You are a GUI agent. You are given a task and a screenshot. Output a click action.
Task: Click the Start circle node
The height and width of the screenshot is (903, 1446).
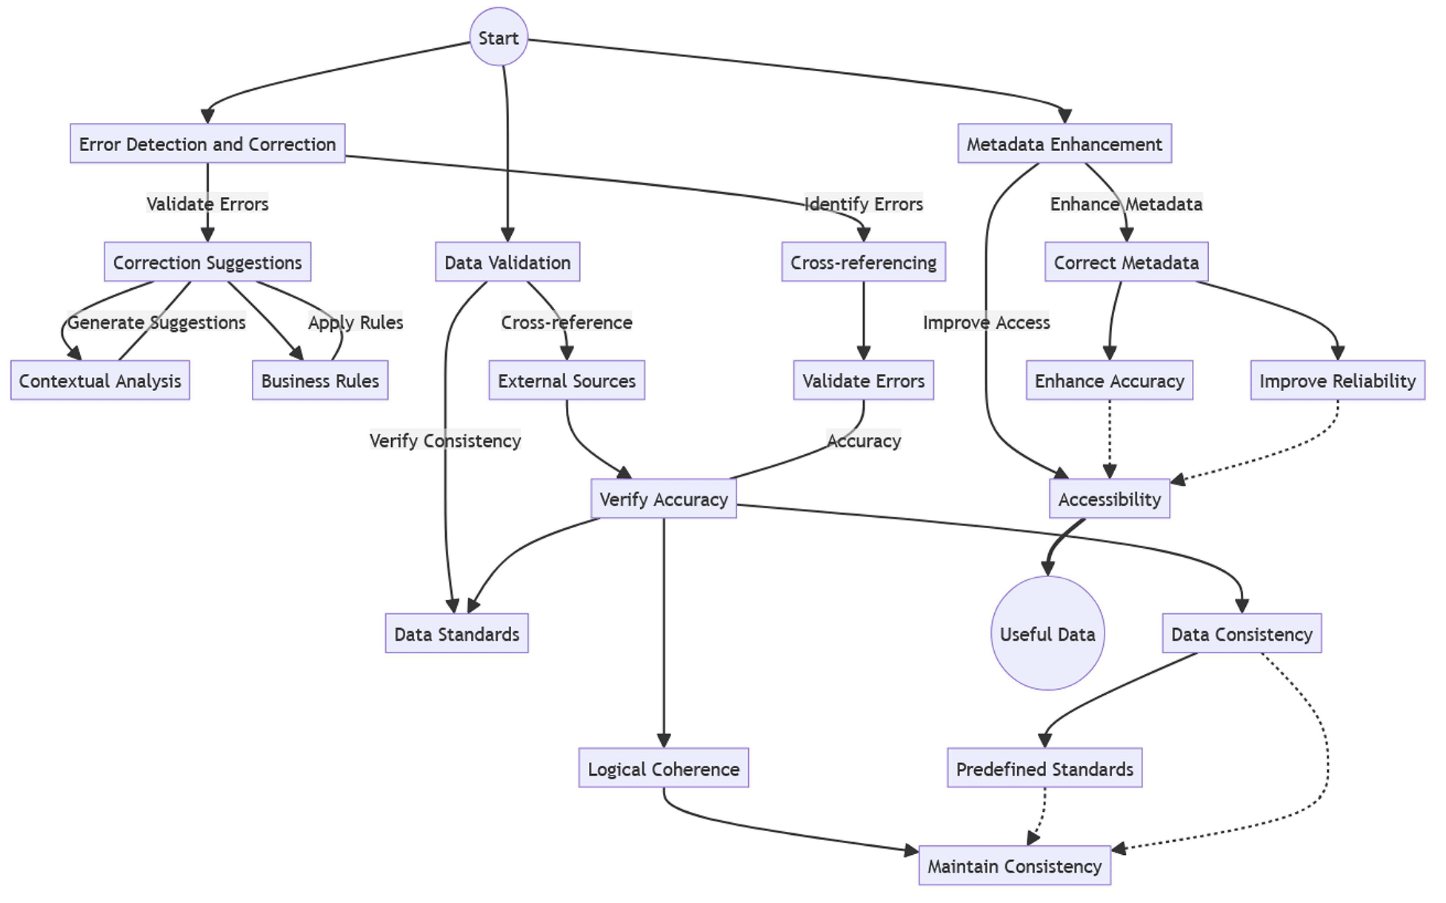click(x=499, y=37)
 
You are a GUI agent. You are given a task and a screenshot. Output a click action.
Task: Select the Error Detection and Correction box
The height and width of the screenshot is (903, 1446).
click(x=207, y=144)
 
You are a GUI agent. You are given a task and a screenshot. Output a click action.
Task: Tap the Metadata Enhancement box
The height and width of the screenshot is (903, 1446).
click(x=1064, y=144)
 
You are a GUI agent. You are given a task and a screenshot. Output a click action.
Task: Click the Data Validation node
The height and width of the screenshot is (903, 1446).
click(x=507, y=262)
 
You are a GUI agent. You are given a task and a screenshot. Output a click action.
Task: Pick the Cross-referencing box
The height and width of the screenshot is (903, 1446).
click(x=863, y=262)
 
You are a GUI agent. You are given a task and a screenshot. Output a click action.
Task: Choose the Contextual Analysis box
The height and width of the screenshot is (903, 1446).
click(x=100, y=381)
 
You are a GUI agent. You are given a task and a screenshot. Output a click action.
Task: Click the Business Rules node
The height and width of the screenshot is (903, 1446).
click(x=320, y=381)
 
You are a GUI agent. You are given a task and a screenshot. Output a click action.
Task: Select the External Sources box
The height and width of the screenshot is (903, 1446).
click(x=567, y=381)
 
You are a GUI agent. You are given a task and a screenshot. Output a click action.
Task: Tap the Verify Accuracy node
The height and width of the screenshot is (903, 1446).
click(x=663, y=499)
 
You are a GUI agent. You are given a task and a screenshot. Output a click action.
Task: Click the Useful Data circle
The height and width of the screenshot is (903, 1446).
click(x=1047, y=634)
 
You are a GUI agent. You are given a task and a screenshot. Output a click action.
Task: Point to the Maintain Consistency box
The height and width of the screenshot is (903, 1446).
click(x=1014, y=866)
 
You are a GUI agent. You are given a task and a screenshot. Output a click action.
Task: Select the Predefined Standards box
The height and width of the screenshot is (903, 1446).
click(x=1044, y=769)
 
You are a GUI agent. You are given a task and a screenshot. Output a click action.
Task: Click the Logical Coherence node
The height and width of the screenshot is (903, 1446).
click(x=663, y=769)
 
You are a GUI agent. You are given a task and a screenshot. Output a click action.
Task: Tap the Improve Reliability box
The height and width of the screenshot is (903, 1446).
click(x=1337, y=381)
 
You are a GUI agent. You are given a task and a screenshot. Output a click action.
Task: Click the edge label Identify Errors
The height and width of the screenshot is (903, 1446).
click(x=863, y=204)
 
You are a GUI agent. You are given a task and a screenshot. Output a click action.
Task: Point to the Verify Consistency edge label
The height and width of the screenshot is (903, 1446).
click(x=445, y=441)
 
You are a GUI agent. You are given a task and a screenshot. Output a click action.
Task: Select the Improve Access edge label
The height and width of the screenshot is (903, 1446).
click(x=986, y=322)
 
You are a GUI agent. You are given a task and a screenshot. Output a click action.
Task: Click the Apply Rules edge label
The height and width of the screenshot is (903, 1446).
click(x=356, y=322)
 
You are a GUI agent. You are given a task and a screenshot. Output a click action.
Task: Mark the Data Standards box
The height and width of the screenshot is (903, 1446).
click(x=456, y=634)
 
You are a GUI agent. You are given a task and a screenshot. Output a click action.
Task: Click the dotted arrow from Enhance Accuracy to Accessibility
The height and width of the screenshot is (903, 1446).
click(x=1109, y=437)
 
